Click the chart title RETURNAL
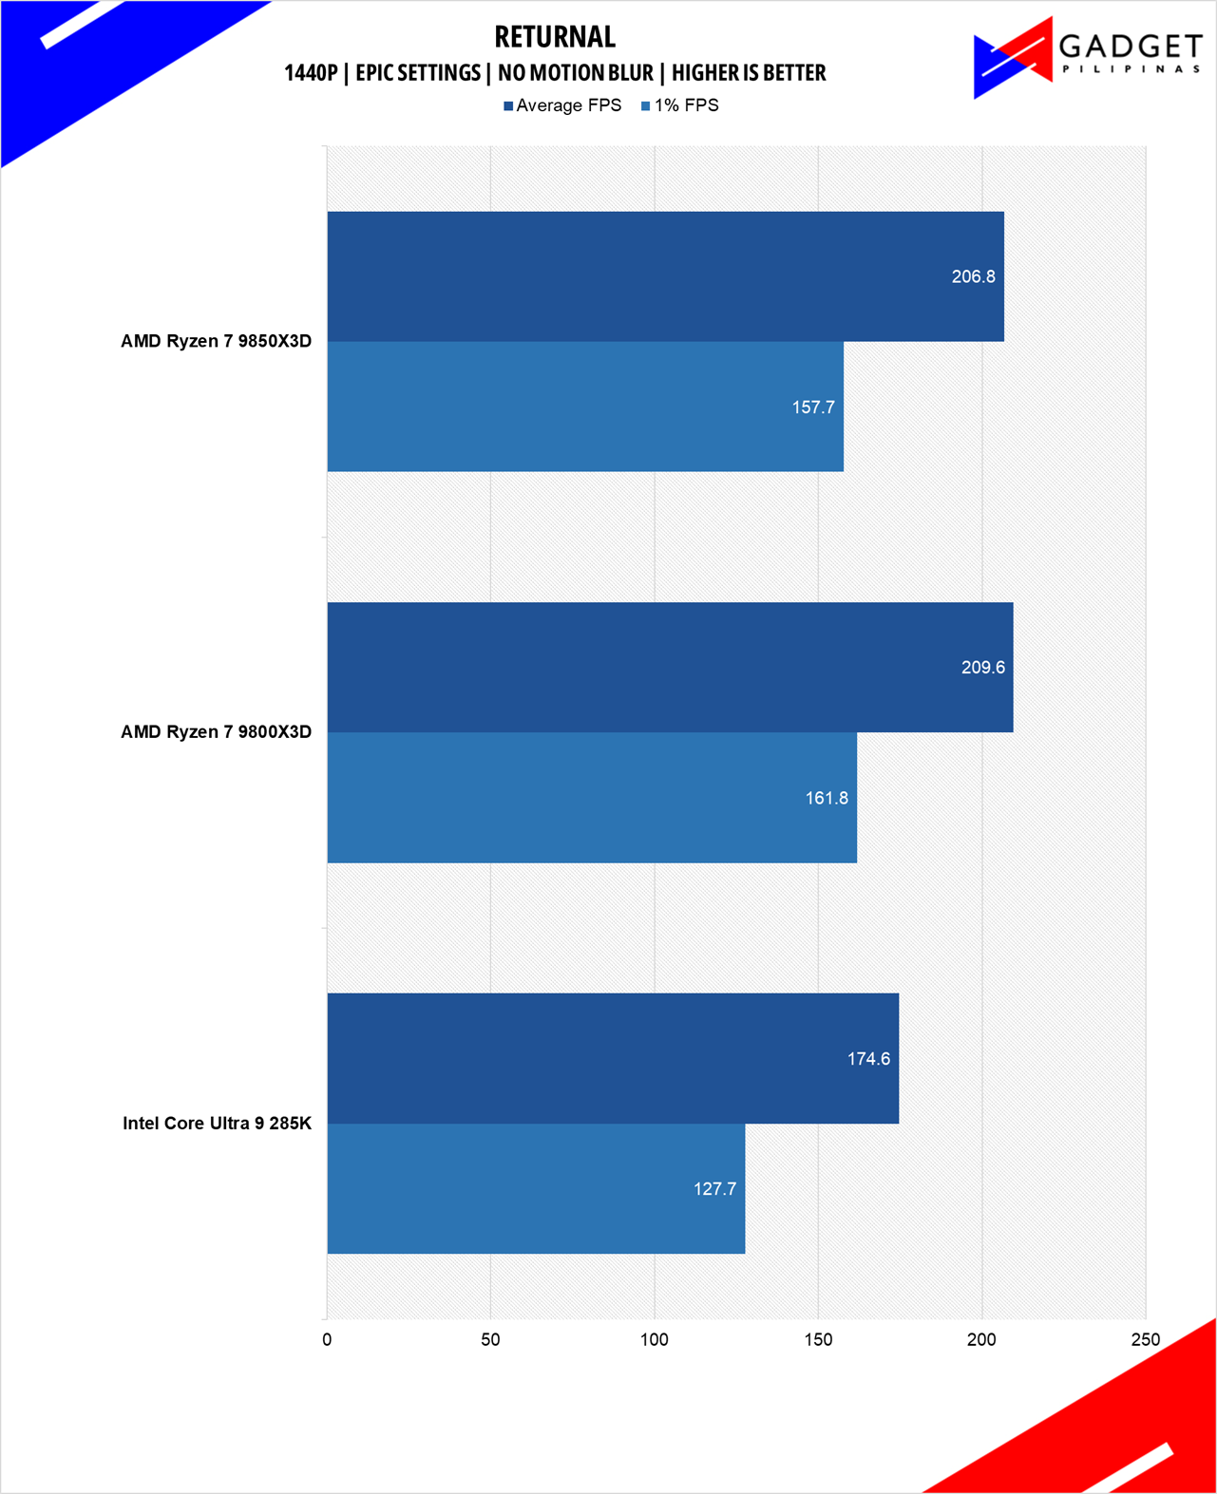click(555, 37)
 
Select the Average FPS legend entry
click(562, 105)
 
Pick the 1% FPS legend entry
click(680, 105)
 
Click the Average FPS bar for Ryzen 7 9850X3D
click(665, 276)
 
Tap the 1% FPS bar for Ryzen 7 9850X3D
click(585, 407)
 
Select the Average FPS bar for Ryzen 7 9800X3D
click(670, 667)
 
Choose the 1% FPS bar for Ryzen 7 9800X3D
click(592, 798)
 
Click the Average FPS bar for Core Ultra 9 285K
click(613, 1058)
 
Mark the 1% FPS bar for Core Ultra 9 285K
click(536, 1188)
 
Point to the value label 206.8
click(973, 276)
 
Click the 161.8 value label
click(827, 798)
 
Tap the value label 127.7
click(714, 1189)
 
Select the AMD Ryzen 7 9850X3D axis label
click(216, 341)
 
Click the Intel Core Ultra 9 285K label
click(217, 1123)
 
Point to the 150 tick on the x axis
click(818, 1339)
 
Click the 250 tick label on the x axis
click(1145, 1339)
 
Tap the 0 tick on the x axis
click(327, 1339)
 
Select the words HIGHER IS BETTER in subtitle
click(749, 73)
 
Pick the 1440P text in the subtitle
click(311, 73)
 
